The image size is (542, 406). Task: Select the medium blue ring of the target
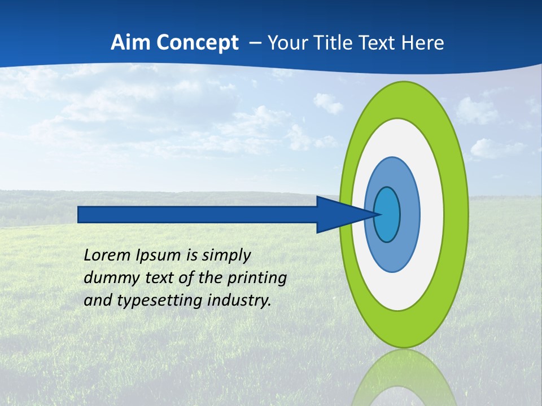pos(409,214)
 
